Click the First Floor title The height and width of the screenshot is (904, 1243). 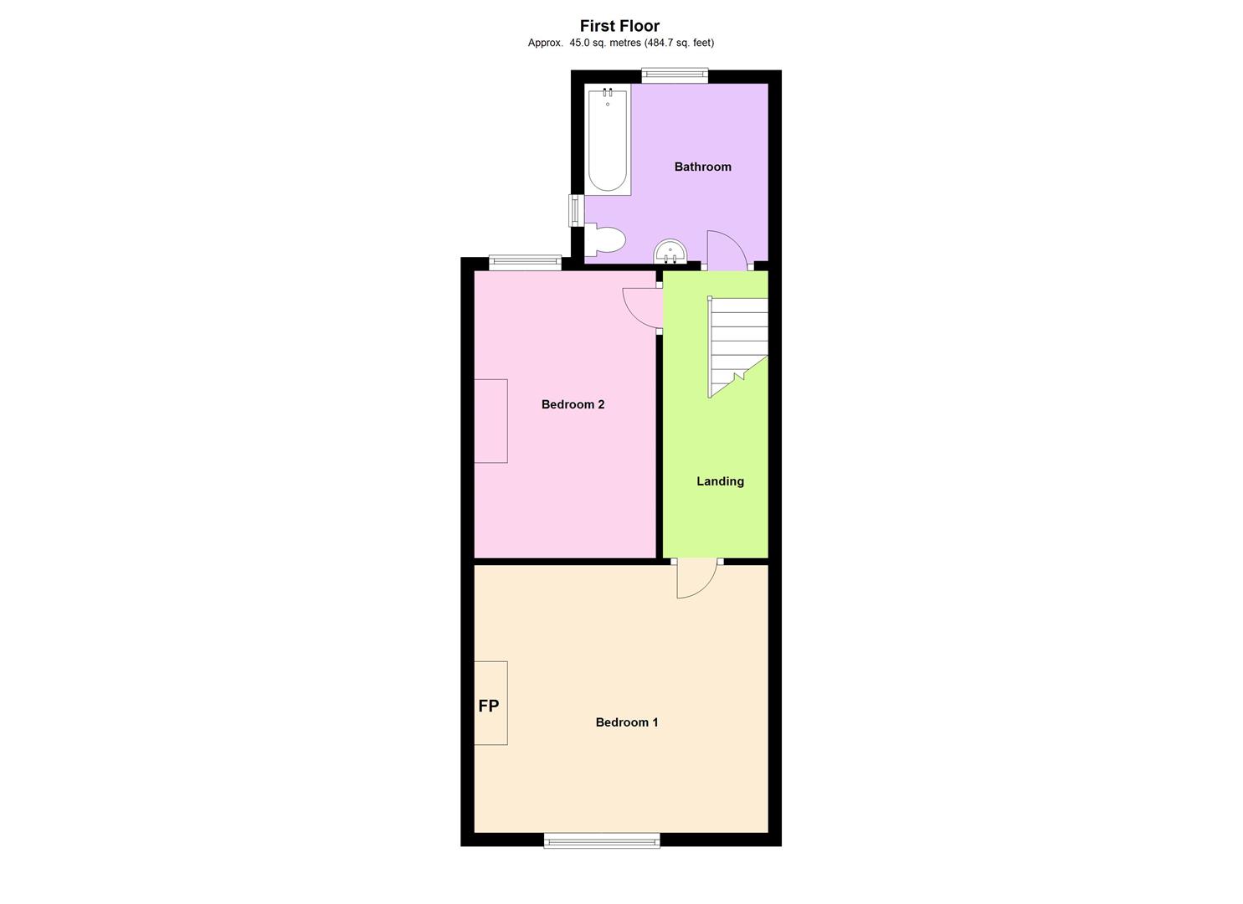click(x=619, y=26)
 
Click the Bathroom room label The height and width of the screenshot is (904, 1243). click(x=702, y=167)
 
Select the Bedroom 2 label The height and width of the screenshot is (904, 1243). click(x=573, y=404)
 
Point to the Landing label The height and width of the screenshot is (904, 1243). click(x=720, y=481)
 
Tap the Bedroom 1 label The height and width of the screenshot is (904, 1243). click(x=626, y=722)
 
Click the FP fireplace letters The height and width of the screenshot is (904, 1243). click(x=489, y=706)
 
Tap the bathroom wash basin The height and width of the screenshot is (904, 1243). click(x=670, y=251)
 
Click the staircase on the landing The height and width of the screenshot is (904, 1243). click(x=737, y=343)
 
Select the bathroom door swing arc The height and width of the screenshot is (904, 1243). click(x=725, y=249)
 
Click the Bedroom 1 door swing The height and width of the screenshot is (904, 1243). click(x=696, y=578)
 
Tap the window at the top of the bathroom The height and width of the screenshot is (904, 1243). click(x=675, y=76)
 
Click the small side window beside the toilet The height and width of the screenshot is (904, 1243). click(x=576, y=210)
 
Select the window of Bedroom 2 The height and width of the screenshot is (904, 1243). click(x=525, y=263)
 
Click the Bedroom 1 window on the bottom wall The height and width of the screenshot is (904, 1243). click(x=601, y=840)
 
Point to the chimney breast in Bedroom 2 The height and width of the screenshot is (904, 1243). click(x=491, y=421)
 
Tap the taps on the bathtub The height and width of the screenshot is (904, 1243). click(x=608, y=93)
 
